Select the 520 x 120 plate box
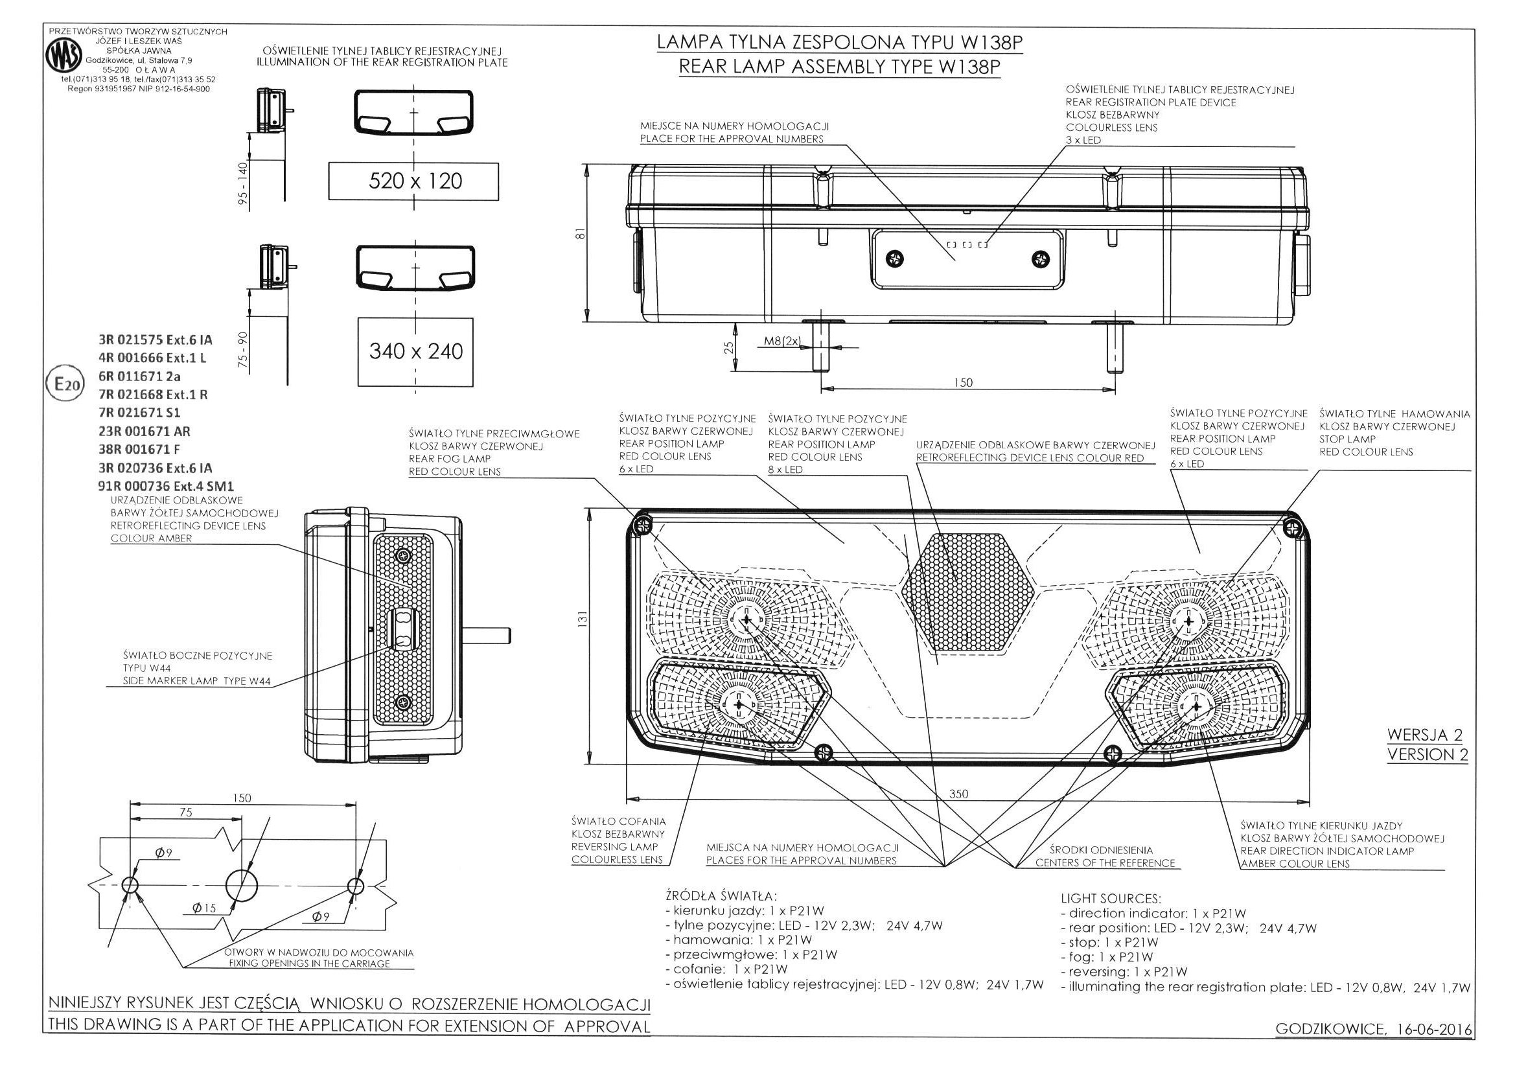[413, 180]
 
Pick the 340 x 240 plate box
[415, 351]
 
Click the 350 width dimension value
[958, 794]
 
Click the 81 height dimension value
[580, 235]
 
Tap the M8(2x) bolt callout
[782, 341]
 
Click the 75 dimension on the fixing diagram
[186, 813]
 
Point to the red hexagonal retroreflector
[966, 592]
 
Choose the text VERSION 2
[1427, 755]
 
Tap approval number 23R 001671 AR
[144, 432]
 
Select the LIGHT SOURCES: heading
[1111, 899]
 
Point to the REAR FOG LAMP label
[449, 459]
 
